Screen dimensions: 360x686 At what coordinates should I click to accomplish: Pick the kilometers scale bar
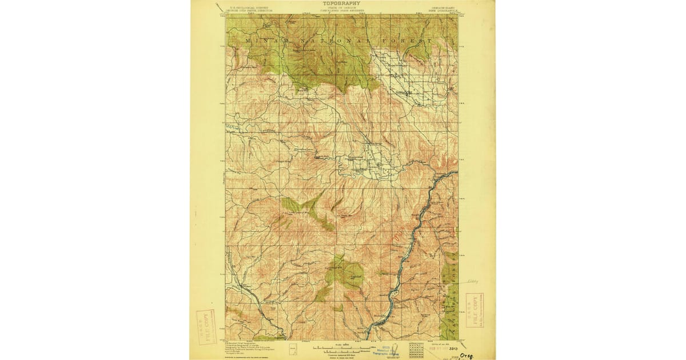tap(342, 350)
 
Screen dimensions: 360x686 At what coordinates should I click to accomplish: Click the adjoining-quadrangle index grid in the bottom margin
tap(416, 348)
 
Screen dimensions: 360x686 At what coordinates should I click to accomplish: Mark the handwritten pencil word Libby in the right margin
tap(471, 281)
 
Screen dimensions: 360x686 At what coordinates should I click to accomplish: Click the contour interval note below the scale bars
tap(342, 354)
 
